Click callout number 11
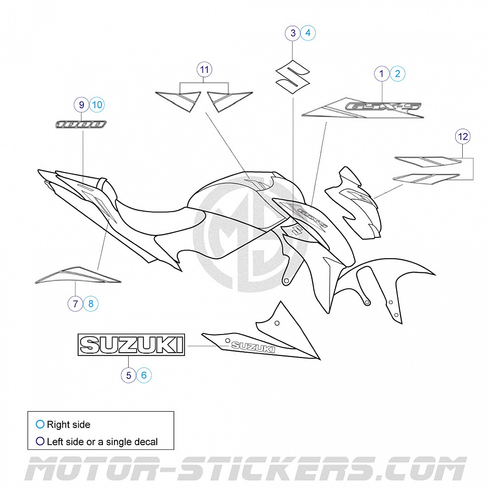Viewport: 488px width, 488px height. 205,70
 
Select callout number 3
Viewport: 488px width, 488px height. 293,33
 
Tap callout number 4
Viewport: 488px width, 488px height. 308,33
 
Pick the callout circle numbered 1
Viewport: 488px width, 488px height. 382,74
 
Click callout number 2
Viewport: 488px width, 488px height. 397,74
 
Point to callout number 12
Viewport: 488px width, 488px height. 463,137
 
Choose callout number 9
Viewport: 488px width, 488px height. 82,105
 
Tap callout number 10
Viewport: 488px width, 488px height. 97,105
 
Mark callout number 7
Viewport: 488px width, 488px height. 75,304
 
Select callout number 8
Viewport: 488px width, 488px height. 91,304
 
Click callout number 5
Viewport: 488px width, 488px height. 129,375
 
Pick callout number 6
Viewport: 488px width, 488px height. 144,375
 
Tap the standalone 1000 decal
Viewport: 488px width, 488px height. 81,124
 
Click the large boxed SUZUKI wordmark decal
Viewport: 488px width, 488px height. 131,345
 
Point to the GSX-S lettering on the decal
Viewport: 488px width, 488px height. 383,107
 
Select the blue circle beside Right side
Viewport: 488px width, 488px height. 40,425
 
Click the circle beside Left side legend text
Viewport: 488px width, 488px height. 40,441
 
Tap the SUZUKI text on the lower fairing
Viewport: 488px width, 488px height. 253,347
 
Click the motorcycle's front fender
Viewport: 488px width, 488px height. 390,275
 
